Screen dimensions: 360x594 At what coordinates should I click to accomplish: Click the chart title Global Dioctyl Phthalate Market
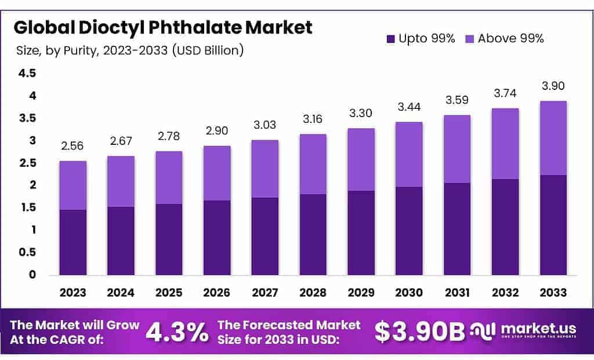[x=163, y=27]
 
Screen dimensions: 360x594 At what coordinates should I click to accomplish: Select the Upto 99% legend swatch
[x=390, y=39]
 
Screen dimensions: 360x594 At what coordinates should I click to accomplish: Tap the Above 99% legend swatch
[x=470, y=39]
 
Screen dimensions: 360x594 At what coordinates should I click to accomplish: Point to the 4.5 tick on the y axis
[x=27, y=74]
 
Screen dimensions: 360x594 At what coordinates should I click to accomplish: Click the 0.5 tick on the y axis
[x=27, y=253]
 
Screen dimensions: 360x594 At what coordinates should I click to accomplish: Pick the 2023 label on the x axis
[x=73, y=292]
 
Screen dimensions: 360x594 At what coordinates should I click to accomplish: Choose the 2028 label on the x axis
[x=313, y=292]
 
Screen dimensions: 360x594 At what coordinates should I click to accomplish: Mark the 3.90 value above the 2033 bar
[x=553, y=86]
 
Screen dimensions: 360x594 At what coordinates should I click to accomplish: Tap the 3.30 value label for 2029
[x=361, y=114]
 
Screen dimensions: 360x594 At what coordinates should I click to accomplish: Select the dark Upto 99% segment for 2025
[x=169, y=239]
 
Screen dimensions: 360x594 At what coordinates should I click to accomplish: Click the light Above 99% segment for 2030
[x=410, y=154]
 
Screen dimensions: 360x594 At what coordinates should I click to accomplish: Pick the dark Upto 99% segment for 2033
[x=553, y=225]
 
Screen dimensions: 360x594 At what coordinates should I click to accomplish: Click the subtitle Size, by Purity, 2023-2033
[x=129, y=50]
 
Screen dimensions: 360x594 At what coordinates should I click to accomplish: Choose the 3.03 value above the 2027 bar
[x=265, y=125]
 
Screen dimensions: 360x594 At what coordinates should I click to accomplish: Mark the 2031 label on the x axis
[x=458, y=292]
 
